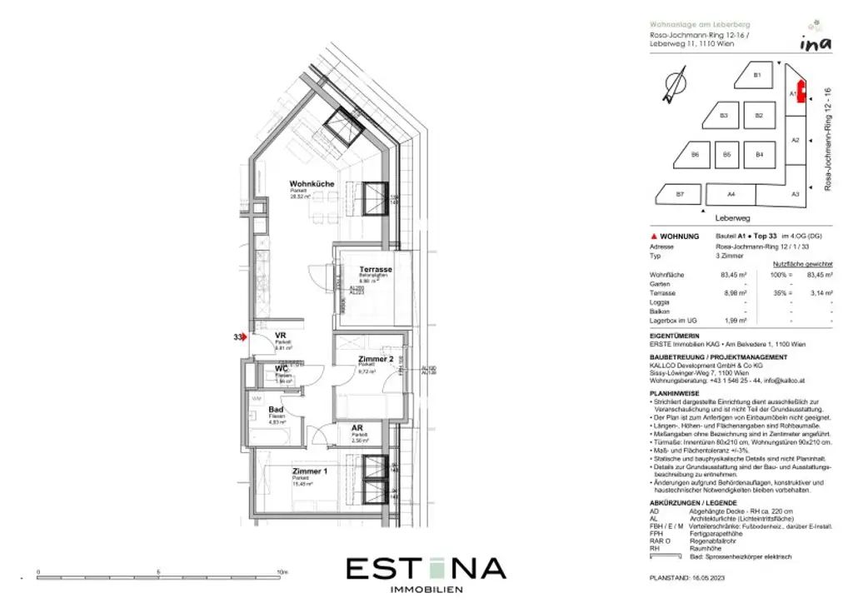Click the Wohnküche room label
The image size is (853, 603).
[x=312, y=183]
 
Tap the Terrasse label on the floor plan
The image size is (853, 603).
[x=376, y=270]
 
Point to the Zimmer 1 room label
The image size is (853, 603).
[x=309, y=472]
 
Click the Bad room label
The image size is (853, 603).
[x=277, y=410]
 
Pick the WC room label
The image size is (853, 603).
[x=282, y=368]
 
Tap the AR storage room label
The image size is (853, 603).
[x=357, y=428]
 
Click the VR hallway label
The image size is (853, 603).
[x=281, y=336]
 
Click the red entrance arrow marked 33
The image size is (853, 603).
[x=243, y=336]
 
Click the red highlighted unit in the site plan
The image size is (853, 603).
[x=801, y=91]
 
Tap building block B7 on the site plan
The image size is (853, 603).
[x=680, y=194]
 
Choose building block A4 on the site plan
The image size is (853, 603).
[x=731, y=194]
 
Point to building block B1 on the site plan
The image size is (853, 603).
[x=757, y=75]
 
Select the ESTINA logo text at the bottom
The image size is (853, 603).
[x=426, y=569]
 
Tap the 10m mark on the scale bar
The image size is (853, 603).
[x=282, y=573]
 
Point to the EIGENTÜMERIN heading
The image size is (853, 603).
[x=674, y=336]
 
